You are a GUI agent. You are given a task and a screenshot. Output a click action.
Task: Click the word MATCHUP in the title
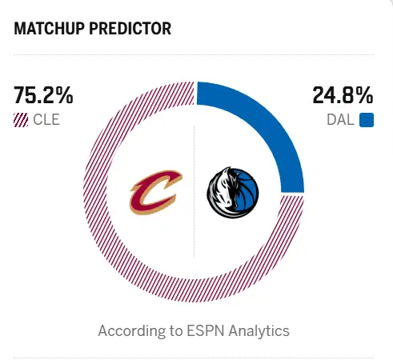point(48,30)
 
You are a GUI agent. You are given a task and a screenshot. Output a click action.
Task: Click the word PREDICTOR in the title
point(129,30)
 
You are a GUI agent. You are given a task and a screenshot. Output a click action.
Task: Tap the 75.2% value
point(43,96)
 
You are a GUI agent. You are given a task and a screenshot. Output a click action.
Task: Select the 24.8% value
point(343,96)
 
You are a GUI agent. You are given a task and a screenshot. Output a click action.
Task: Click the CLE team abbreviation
point(46,121)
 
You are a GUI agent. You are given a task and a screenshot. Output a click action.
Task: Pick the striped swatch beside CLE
point(21,121)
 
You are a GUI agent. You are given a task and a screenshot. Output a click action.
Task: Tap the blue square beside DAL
point(367,121)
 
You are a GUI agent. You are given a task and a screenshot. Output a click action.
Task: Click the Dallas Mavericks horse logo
point(234,194)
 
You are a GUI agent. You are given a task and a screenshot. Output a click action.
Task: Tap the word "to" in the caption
point(170,330)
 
